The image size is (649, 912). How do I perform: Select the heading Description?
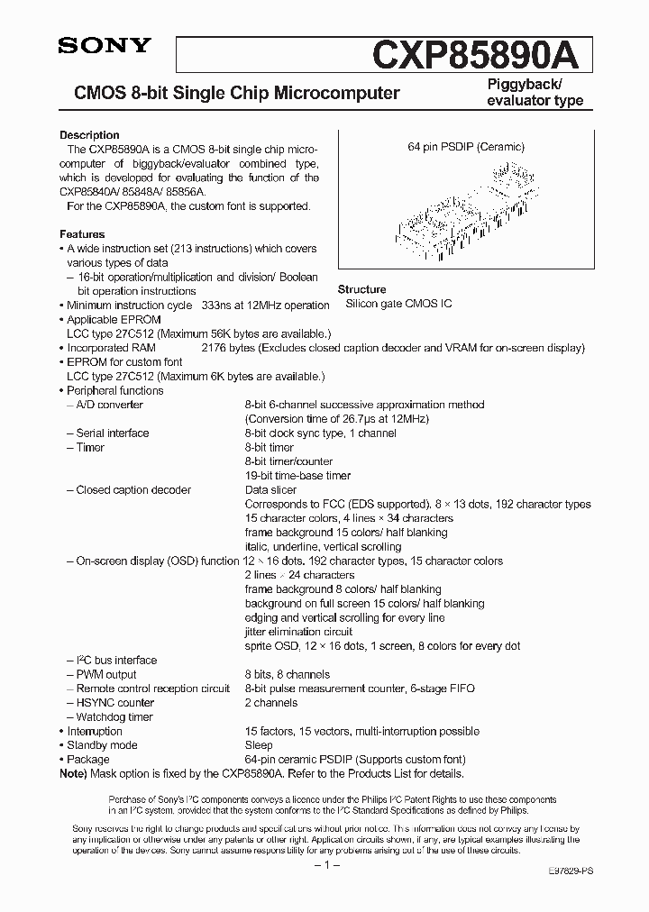click(x=89, y=135)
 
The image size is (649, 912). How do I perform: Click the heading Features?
click(x=82, y=234)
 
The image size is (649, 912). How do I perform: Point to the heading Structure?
click(x=361, y=289)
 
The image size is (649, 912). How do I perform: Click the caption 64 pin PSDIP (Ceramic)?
click(x=466, y=147)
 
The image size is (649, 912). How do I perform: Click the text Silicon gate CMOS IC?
click(x=399, y=305)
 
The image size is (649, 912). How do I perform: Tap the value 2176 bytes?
click(x=228, y=348)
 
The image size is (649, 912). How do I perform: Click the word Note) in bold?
click(x=75, y=773)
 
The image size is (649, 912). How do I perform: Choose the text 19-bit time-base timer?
click(x=297, y=476)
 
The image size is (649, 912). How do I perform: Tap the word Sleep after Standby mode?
click(x=259, y=745)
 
